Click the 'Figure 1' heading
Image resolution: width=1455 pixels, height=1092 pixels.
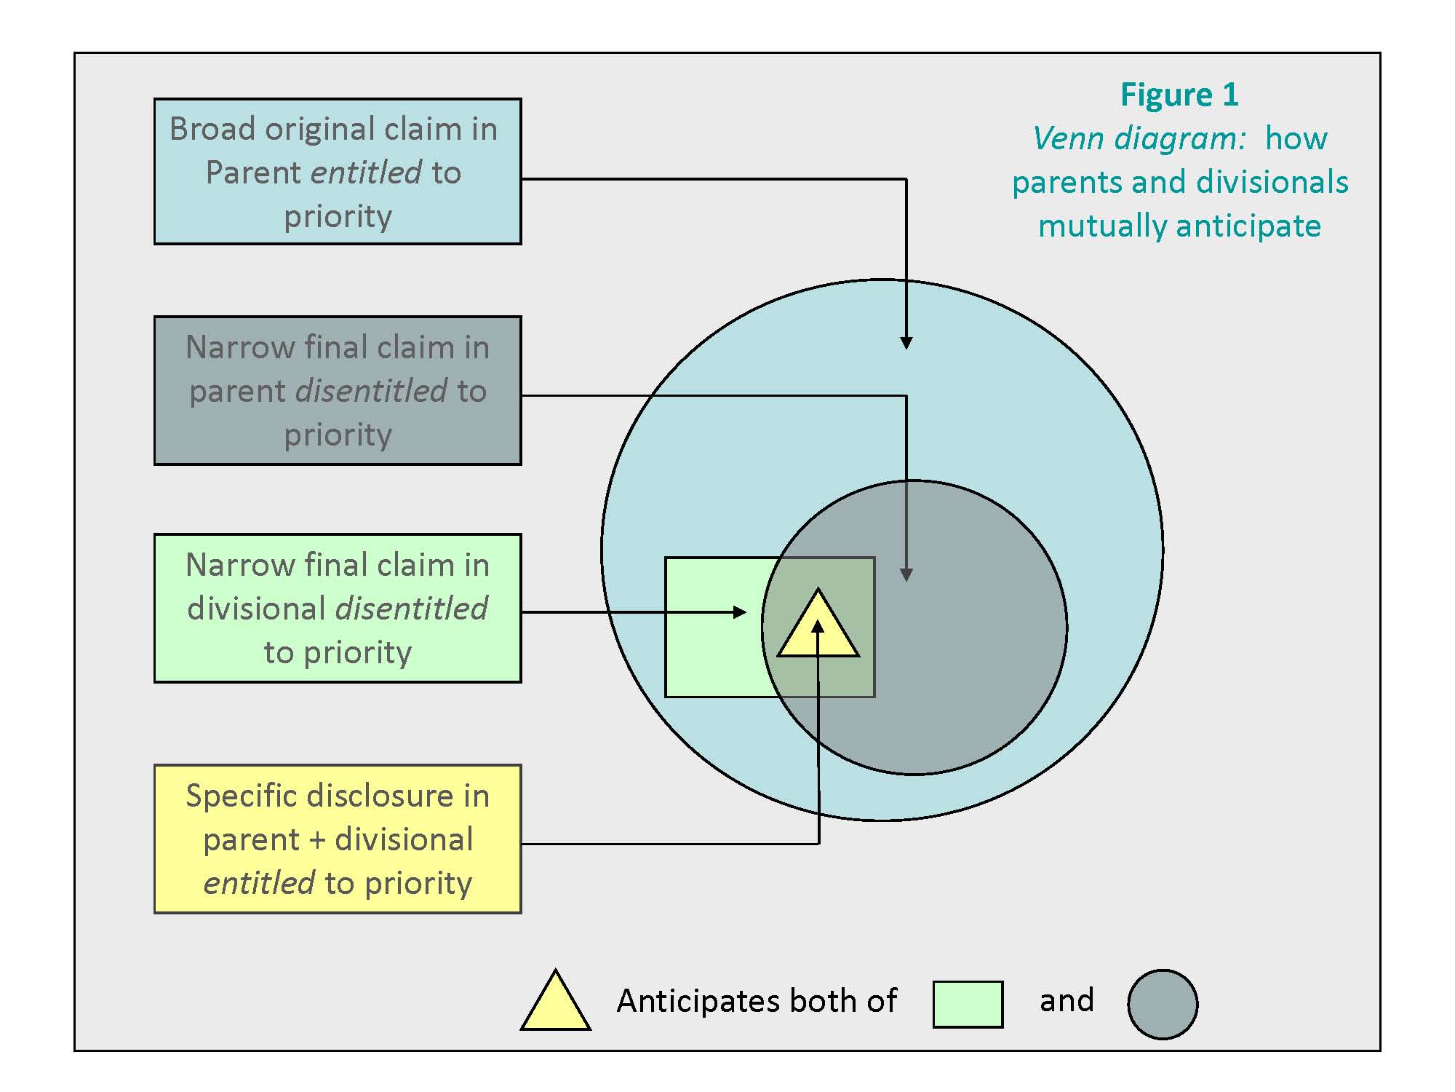pos(1179,95)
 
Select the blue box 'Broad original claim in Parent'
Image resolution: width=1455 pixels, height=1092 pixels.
pos(338,172)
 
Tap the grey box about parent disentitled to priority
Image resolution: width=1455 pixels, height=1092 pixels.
pos(338,390)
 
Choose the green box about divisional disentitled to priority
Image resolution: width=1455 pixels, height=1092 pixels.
pos(338,608)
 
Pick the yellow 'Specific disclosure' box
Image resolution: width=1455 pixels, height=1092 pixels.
pos(338,839)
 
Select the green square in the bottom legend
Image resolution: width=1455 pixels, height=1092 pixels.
pos(968,1005)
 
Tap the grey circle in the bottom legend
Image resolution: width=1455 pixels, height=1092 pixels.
pos(1163,1005)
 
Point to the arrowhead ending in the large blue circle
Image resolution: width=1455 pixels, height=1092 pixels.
pos(906,343)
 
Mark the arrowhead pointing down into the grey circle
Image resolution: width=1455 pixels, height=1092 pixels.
pos(906,575)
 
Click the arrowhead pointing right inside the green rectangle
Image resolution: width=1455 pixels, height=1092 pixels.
pos(740,612)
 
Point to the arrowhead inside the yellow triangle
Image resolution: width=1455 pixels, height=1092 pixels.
pos(818,626)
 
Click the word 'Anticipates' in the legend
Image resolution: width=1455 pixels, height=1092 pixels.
pos(698,1002)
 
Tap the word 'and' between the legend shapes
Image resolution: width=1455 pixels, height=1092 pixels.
pos(1067,1001)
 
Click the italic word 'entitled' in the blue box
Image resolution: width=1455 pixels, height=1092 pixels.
pos(366,173)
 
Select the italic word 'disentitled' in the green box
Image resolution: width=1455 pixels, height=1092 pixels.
pos(411,609)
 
